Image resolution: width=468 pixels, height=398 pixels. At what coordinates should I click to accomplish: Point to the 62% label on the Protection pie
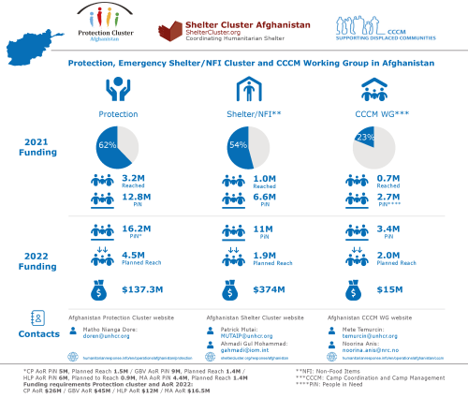tap(108, 147)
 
